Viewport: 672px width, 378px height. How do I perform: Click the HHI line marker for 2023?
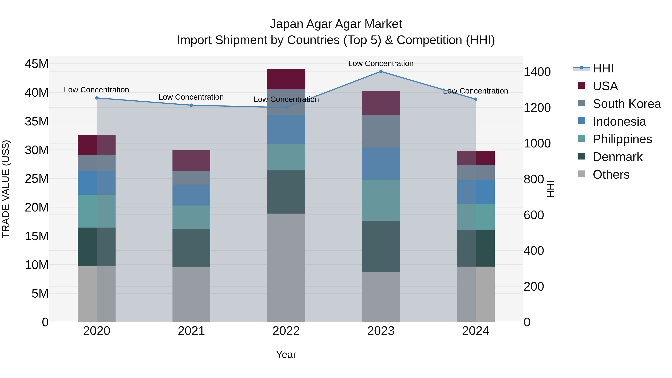381,71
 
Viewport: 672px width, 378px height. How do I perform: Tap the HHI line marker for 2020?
97,98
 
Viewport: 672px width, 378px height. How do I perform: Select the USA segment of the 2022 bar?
286,79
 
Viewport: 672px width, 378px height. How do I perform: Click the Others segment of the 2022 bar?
286,268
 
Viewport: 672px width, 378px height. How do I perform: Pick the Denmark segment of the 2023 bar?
381,246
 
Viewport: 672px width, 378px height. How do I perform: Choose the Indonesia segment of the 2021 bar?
191,195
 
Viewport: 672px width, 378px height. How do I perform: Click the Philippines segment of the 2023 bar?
381,200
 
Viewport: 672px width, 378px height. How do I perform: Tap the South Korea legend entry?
627,104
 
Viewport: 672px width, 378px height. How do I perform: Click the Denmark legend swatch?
581,157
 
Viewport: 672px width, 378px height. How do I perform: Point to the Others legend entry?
611,175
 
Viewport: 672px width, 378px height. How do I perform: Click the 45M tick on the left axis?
37,64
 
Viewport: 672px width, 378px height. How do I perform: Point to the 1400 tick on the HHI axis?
537,72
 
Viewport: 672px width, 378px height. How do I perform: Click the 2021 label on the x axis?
191,331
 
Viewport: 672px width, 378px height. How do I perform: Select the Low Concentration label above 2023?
381,63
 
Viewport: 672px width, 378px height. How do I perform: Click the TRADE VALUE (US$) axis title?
6,189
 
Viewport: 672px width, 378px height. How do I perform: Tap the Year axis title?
286,354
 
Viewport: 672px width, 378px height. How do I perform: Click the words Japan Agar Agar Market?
336,24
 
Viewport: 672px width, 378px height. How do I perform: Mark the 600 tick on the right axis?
534,215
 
